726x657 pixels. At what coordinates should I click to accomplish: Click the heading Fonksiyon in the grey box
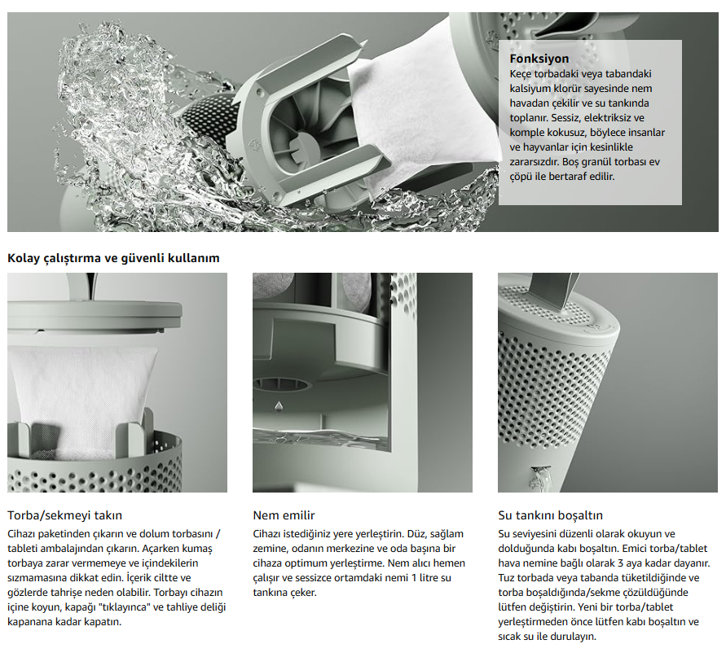[539, 59]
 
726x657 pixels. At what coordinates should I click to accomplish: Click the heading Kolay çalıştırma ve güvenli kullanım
[113, 258]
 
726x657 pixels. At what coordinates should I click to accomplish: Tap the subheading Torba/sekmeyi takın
[64, 515]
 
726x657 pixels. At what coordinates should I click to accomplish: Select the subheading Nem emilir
[284, 515]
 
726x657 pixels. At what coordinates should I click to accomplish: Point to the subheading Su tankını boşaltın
[550, 515]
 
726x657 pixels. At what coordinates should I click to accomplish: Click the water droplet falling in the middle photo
[279, 405]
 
